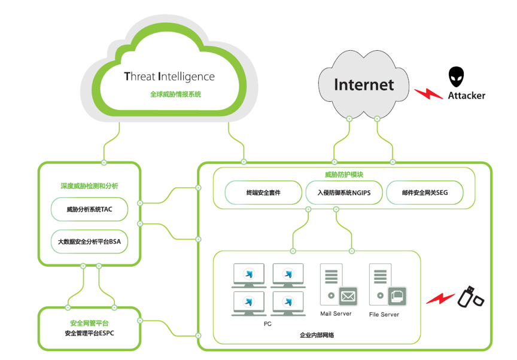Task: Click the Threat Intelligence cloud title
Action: pyautogui.click(x=169, y=77)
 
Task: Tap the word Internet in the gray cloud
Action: pyautogui.click(x=364, y=84)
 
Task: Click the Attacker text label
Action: pyautogui.click(x=467, y=95)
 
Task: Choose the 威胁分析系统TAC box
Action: pyautogui.click(x=89, y=210)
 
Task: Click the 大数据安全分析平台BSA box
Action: pyautogui.click(x=89, y=242)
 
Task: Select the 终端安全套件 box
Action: pyautogui.click(x=263, y=193)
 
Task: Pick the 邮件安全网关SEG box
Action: pyautogui.click(x=425, y=193)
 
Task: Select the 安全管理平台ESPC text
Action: pyautogui.click(x=89, y=333)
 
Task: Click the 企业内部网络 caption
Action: pyautogui.click(x=317, y=335)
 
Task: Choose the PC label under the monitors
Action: pyautogui.click(x=267, y=324)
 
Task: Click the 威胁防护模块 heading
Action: pyautogui.click(x=343, y=175)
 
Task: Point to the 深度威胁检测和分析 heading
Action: pyautogui.click(x=89, y=186)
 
